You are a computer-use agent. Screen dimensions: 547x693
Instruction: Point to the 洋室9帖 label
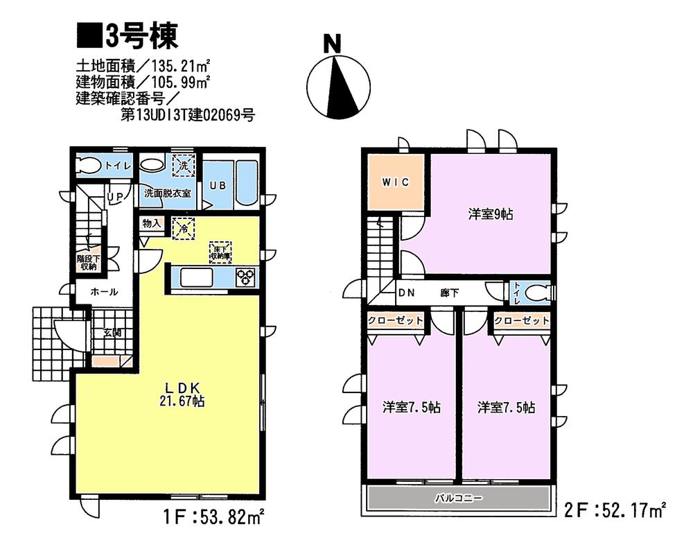(490, 214)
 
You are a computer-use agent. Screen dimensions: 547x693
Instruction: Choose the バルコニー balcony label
(458, 498)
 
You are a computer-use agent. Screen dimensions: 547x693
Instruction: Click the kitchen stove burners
(246, 278)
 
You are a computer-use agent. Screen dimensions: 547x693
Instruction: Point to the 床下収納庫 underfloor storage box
(222, 252)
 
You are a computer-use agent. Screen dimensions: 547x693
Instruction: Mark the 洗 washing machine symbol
(183, 166)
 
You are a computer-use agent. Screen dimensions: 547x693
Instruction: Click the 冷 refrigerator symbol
(184, 228)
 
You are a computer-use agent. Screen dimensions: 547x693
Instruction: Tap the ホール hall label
(104, 292)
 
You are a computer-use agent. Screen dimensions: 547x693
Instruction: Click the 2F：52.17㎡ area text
(615, 512)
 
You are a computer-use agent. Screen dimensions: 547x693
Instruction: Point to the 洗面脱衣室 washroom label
(168, 193)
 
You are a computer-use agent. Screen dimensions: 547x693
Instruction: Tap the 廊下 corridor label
(449, 293)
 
